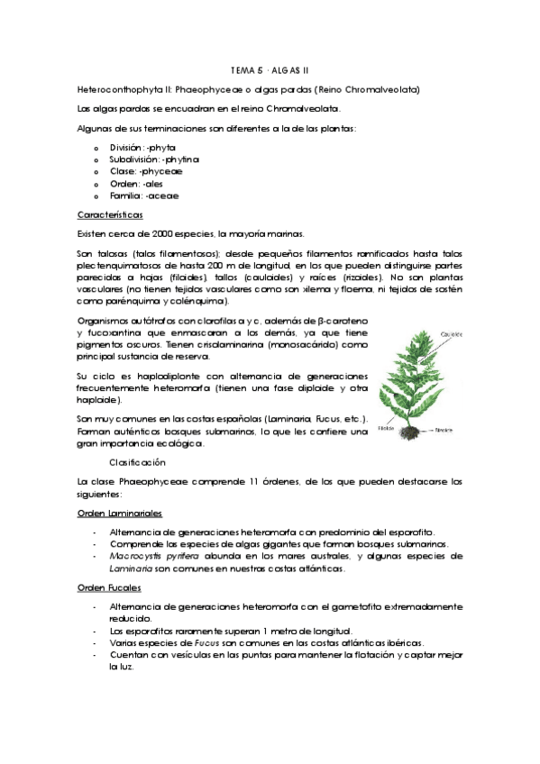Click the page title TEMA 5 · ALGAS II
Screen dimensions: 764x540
pyautogui.click(x=270, y=69)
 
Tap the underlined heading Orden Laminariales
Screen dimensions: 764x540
pyautogui.click(x=119, y=512)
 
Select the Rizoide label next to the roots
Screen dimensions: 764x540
pyautogui.click(x=448, y=431)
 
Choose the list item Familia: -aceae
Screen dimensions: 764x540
pyautogui.click(x=144, y=196)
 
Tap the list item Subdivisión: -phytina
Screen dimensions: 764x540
pyautogui.click(x=154, y=159)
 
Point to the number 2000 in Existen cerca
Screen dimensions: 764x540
pyautogui.click(x=143, y=233)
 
